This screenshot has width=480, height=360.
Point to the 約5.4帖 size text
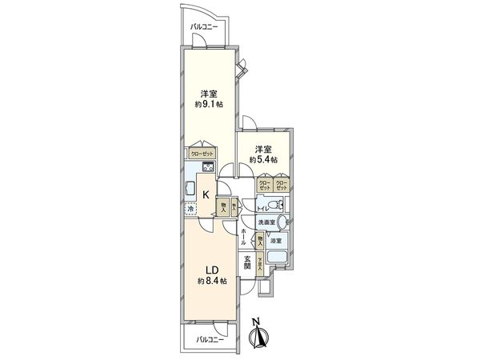click(262, 160)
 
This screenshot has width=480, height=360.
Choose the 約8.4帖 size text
click(211, 281)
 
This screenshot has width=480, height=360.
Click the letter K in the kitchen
click(206, 194)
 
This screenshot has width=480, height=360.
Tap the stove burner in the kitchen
click(206, 167)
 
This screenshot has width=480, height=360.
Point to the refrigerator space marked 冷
click(190, 210)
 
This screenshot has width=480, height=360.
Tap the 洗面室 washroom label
click(266, 222)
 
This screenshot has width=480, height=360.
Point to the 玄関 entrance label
click(248, 261)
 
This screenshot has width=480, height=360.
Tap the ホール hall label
click(243, 237)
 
